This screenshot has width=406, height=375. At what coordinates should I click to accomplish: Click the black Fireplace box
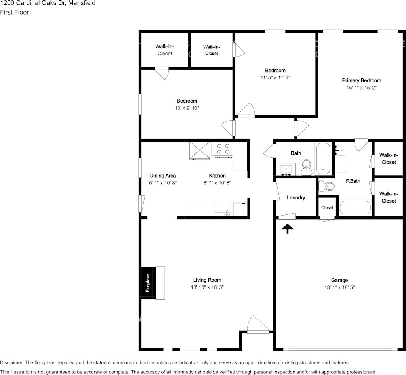tap(147, 283)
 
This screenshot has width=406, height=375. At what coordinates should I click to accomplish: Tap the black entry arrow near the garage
tap(287, 229)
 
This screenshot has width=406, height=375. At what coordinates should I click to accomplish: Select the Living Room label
tap(207, 280)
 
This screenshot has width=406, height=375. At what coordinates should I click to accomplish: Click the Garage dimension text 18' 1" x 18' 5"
tap(339, 287)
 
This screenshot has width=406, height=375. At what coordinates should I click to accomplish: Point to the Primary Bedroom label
tap(361, 80)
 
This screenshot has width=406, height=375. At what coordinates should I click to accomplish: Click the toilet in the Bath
tap(306, 167)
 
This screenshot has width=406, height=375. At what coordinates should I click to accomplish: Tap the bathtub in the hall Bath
tap(323, 158)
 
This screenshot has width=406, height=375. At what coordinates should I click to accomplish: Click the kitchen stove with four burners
tap(223, 149)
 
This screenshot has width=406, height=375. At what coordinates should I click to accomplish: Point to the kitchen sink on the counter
tap(223, 209)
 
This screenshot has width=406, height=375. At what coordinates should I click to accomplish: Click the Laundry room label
tap(295, 197)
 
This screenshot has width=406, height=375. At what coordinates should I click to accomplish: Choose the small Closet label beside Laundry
tap(327, 207)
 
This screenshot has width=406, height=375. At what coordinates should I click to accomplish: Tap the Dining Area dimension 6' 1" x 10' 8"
tap(163, 183)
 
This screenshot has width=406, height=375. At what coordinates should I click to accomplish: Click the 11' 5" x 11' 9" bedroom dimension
tap(275, 78)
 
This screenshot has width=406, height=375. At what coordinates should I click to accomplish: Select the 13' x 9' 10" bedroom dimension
tap(187, 108)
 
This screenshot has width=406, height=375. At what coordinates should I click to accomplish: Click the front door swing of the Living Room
tap(255, 324)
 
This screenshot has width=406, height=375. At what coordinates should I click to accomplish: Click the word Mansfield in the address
tap(82, 3)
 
